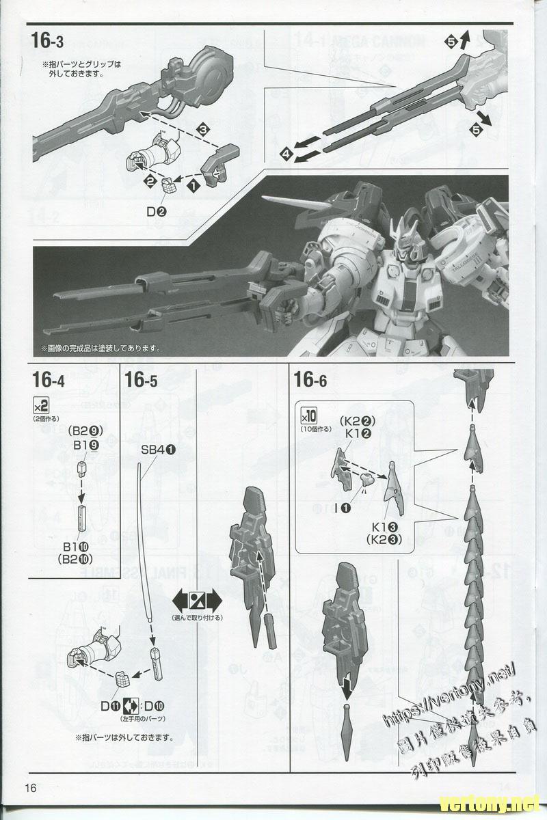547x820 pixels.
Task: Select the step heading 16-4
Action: (47, 380)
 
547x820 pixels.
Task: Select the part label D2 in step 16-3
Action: (156, 211)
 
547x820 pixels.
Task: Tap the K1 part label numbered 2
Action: (358, 432)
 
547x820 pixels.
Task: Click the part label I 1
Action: (341, 507)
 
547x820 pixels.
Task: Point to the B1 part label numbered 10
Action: (75, 546)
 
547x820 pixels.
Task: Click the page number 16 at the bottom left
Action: (28, 787)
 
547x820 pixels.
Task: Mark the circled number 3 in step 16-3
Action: (202, 128)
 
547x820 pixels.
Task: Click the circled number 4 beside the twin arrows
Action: (285, 155)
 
